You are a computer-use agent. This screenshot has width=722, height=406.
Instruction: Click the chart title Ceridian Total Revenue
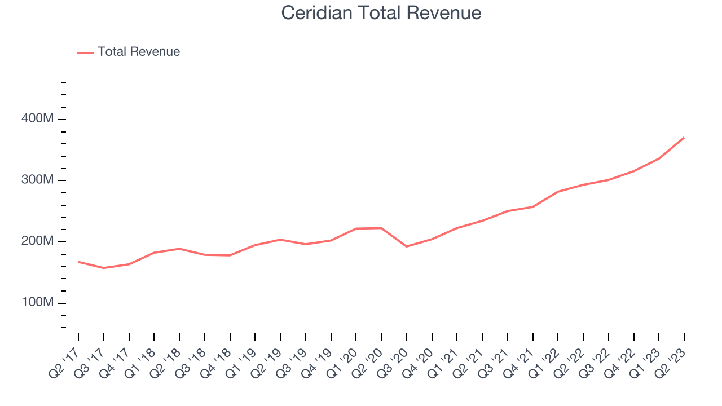click(x=381, y=12)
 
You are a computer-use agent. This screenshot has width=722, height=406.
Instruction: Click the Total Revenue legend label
click(x=139, y=52)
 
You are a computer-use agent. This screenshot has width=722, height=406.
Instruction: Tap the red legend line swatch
click(x=85, y=52)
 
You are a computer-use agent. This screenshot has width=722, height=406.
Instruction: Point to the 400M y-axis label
click(x=38, y=119)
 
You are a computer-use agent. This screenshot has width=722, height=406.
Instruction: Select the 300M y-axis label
click(x=38, y=180)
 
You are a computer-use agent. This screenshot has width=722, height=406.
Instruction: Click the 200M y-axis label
click(x=38, y=242)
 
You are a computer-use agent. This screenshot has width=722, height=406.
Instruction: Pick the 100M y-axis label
click(x=38, y=303)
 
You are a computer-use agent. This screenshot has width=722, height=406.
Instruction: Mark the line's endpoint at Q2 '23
click(x=684, y=138)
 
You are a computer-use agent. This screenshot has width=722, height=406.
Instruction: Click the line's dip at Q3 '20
click(x=407, y=246)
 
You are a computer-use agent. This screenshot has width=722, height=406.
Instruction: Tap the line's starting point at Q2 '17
click(x=78, y=262)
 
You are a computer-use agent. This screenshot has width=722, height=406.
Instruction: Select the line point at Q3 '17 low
click(x=104, y=268)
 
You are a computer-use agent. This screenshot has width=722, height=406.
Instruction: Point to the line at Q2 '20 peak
click(x=381, y=228)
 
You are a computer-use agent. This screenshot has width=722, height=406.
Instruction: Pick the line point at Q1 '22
click(x=558, y=192)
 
